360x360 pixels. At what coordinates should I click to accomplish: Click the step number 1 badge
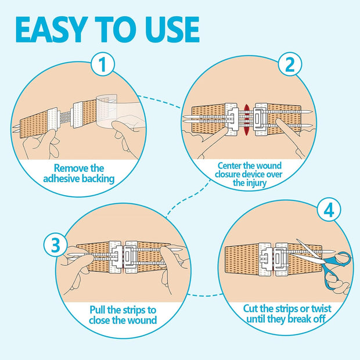(103, 66)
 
